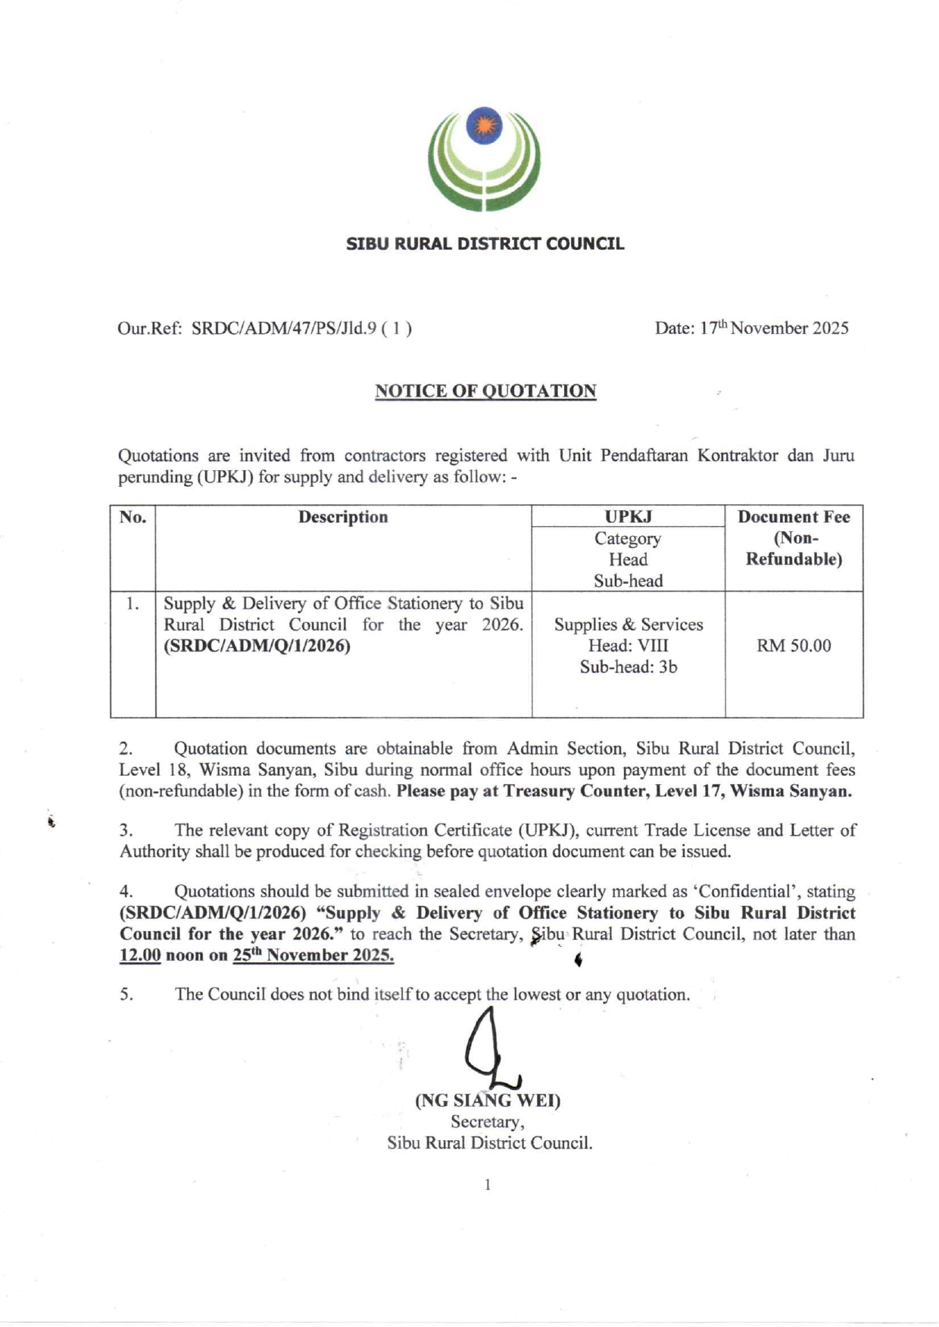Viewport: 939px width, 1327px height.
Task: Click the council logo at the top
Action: (x=484, y=159)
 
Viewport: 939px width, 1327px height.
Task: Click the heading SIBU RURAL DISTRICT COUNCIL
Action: (x=485, y=244)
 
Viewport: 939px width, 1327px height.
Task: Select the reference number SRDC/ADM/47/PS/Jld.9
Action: (x=284, y=329)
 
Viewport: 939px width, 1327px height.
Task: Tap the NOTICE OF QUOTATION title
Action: (x=485, y=391)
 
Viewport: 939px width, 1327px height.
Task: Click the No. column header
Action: (x=133, y=517)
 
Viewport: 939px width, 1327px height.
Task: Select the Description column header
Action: (x=343, y=517)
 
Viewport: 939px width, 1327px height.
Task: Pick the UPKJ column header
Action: (x=628, y=517)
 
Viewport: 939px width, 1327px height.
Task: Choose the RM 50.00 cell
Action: (x=794, y=646)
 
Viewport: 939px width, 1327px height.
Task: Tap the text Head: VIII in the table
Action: (x=628, y=646)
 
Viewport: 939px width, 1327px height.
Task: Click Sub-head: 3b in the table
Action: (x=628, y=667)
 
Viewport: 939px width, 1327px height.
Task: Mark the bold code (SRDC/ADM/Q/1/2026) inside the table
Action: (x=257, y=646)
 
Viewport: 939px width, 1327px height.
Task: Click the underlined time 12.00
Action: (x=140, y=955)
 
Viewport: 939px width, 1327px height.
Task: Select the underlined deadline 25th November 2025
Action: (x=313, y=955)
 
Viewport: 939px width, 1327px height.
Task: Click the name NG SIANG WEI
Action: (x=488, y=1100)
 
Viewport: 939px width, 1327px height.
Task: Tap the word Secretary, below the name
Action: (x=488, y=1121)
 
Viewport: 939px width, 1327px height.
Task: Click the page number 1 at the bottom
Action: (x=488, y=1185)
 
